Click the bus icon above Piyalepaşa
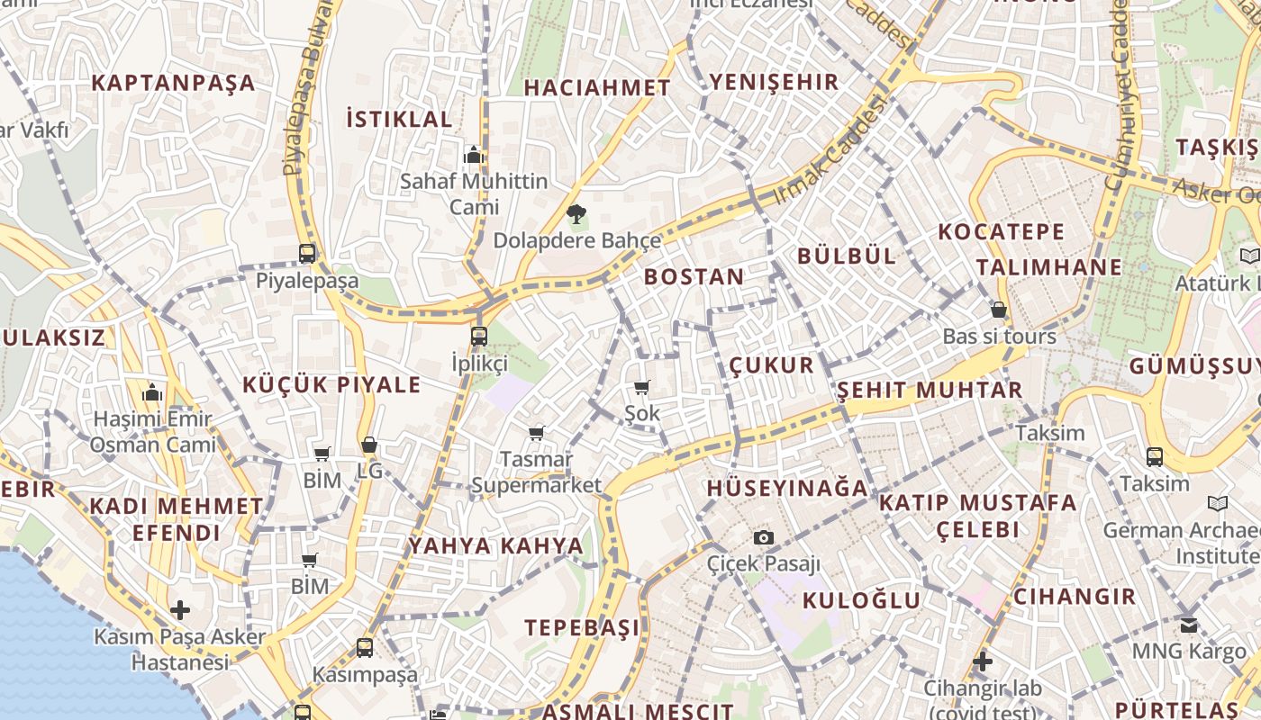(x=307, y=254)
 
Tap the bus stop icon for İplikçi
(x=479, y=337)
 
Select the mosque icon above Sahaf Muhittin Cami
(x=474, y=155)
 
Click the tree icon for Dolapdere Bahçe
(x=576, y=214)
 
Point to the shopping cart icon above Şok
(x=641, y=388)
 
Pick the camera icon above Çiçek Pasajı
(x=764, y=538)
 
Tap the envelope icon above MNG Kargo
(x=1189, y=624)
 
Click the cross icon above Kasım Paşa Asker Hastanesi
(x=180, y=610)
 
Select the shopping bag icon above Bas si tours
(x=998, y=310)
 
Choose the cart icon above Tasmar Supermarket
(x=537, y=434)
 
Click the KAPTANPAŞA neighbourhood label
(x=173, y=84)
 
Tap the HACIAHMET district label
(x=597, y=88)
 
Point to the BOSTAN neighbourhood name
(x=694, y=277)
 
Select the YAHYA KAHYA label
(x=496, y=546)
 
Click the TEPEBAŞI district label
(x=582, y=628)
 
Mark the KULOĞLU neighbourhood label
(x=861, y=601)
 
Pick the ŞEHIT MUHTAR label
(x=930, y=391)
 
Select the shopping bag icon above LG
(x=369, y=445)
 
